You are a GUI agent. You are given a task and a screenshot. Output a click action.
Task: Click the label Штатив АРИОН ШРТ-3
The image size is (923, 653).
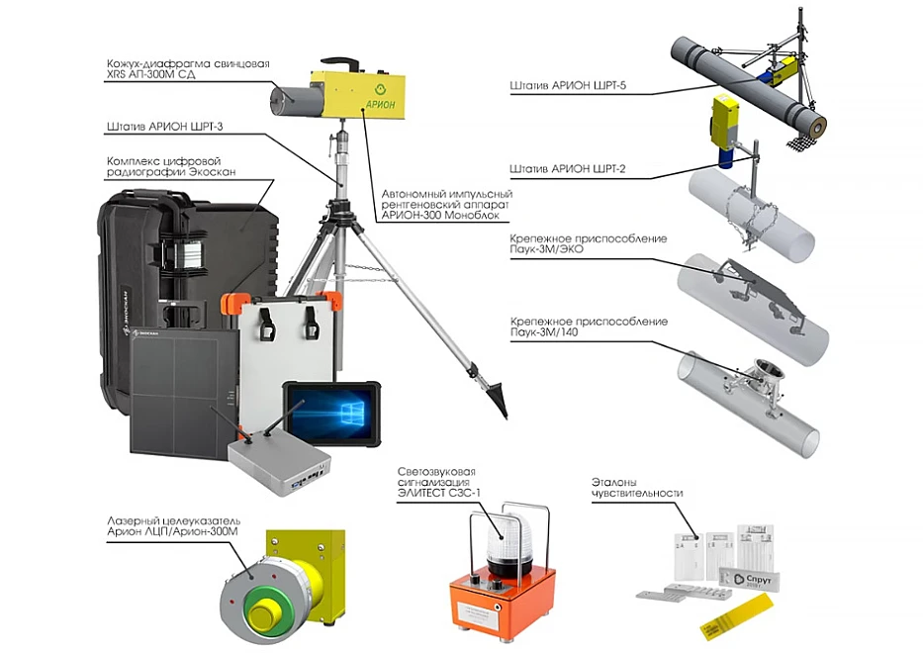165,126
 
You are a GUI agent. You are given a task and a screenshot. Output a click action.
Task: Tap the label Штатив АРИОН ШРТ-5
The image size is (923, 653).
568,85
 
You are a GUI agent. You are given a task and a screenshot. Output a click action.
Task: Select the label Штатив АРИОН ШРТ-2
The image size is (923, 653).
568,169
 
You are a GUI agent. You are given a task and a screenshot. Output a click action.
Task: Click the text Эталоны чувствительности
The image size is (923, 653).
637,488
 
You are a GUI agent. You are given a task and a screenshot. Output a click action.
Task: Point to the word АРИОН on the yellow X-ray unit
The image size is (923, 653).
380,105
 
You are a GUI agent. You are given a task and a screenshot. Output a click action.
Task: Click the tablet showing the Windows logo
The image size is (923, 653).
331,413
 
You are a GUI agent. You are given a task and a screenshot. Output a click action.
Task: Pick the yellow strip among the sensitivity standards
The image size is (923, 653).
736,615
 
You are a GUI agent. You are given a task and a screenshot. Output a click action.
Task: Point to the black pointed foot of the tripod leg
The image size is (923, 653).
497,399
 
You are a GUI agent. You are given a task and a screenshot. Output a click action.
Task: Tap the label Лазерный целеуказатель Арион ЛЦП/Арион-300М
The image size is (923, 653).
174,526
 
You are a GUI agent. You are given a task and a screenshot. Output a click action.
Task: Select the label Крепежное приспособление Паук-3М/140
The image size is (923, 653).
589,326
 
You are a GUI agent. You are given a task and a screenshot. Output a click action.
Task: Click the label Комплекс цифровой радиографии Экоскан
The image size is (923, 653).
171,166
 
